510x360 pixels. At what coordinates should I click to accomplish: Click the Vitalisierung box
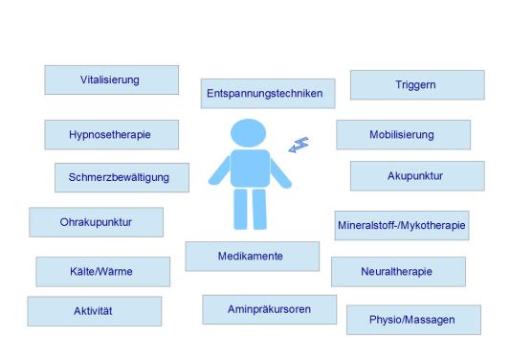pos(112,80)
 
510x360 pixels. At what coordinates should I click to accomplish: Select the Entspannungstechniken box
pos(268,94)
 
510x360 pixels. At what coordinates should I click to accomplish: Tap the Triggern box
pos(417,85)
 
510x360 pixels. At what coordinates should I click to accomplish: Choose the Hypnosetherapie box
pos(112,135)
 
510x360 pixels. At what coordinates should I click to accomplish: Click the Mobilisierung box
pos(404,135)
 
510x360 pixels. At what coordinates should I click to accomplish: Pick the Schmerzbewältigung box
pos(122,178)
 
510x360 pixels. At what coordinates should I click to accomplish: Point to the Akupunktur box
pos(417,176)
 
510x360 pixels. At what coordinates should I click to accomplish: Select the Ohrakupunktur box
pos(97,222)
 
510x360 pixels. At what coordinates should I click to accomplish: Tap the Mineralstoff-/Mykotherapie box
pos(402,226)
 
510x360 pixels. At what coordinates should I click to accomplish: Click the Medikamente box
pos(253,257)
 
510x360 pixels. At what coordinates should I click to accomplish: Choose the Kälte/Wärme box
pos(103,272)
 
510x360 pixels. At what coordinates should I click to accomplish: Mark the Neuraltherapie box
pos(398,272)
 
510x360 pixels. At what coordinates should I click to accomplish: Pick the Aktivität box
pos(95,311)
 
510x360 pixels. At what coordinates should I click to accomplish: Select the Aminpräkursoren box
pos(269,309)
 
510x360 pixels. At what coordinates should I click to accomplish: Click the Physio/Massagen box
pos(413,320)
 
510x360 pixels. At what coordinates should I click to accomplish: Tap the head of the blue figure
pos(248,133)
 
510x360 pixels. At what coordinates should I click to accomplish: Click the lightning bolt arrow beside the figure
pos(299,145)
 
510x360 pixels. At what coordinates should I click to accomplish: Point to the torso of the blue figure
pos(250,169)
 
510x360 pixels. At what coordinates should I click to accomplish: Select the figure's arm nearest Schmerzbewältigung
pos(219,170)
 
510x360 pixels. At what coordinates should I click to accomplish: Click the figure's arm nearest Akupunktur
pos(281,173)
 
